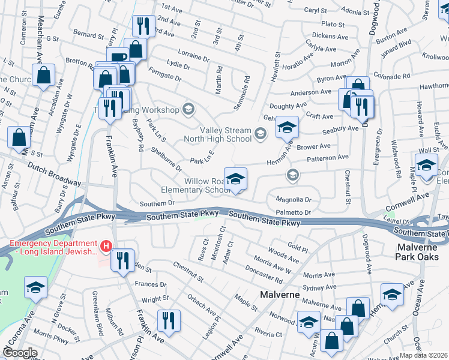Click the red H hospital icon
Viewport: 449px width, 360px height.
tap(106, 246)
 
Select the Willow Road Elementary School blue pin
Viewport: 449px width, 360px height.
tap(235, 179)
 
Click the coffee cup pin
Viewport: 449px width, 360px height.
tap(118, 58)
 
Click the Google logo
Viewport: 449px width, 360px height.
tap(20, 353)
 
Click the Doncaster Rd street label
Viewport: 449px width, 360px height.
tap(264, 275)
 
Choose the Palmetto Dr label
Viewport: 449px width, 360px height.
tap(293, 212)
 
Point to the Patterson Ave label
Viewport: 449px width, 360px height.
tap(328, 158)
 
